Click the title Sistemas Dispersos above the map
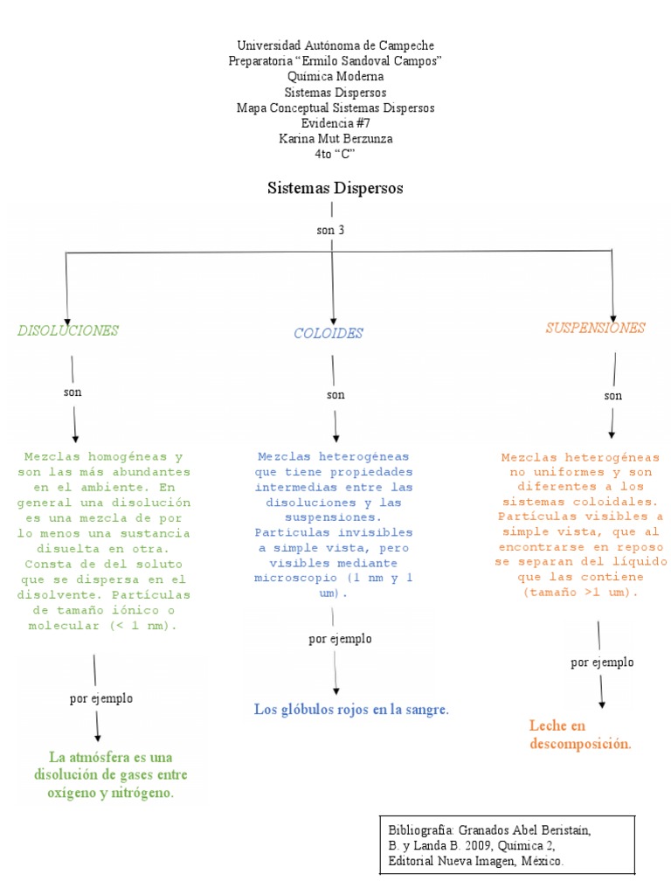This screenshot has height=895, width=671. [x=335, y=188]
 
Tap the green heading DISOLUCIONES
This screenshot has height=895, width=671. [x=68, y=330]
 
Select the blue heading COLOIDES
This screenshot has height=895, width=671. [x=328, y=333]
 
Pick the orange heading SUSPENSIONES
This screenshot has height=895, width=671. [x=595, y=328]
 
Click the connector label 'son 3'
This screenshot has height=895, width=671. [x=332, y=230]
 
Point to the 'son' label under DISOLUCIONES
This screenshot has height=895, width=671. [x=73, y=392]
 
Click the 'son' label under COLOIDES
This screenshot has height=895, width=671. [x=335, y=395]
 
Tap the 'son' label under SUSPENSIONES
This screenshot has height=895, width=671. [x=613, y=396]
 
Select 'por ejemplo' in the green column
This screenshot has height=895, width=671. [x=101, y=698]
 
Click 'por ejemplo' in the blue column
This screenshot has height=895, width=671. [x=340, y=639]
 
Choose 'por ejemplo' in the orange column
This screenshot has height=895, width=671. [x=602, y=663]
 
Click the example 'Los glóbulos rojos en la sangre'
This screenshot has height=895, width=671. [x=351, y=709]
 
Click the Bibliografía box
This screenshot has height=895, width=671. [x=507, y=845]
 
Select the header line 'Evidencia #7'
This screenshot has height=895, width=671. [x=335, y=123]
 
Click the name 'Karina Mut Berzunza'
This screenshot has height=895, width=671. [x=335, y=139]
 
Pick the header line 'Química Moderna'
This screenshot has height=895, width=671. [x=335, y=76]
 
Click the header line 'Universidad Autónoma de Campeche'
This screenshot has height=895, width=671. [x=335, y=45]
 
